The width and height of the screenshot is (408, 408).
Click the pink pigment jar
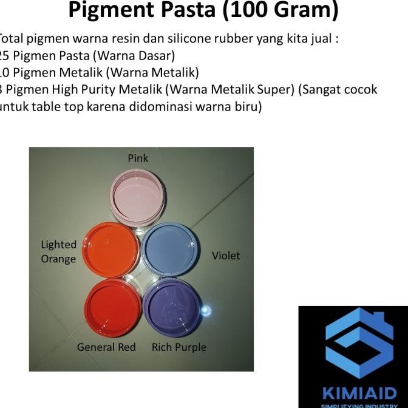138,198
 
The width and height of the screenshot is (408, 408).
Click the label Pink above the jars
138,158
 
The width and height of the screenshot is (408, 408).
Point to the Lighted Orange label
59,251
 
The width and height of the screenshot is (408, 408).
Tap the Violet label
226,256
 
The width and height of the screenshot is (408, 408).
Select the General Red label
106,347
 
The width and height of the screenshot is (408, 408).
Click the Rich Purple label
179,347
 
